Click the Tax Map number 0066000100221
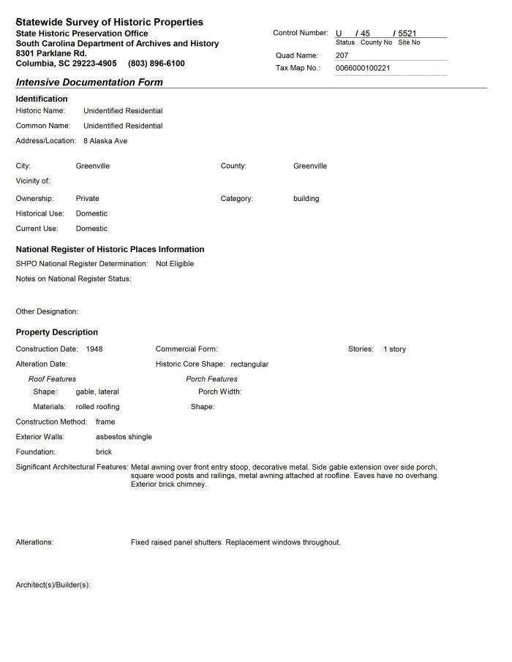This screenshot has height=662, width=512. [x=363, y=68]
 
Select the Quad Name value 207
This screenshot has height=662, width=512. [x=342, y=56]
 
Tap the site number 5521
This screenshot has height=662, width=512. [x=407, y=34]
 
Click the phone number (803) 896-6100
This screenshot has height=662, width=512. [x=156, y=64]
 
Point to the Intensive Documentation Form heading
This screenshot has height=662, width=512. [x=89, y=83]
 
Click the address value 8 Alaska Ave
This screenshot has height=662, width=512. [x=105, y=141]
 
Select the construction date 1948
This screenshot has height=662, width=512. [x=94, y=349]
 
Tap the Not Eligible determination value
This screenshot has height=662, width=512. [x=175, y=264]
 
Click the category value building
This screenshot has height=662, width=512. [x=306, y=199]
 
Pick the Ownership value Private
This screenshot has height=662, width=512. [x=87, y=199]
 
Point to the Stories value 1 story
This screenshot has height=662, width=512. [x=394, y=349]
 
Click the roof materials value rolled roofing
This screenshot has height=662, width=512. [x=97, y=407]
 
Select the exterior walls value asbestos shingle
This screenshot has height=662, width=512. [x=124, y=437]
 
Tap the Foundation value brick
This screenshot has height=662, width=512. [x=104, y=452]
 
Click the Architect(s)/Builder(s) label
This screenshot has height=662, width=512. [x=53, y=585]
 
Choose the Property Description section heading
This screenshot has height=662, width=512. [x=56, y=332]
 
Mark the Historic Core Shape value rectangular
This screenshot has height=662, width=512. [x=249, y=364]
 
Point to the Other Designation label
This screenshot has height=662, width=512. [x=47, y=312]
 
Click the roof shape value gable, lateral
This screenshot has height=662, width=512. [x=97, y=392]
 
